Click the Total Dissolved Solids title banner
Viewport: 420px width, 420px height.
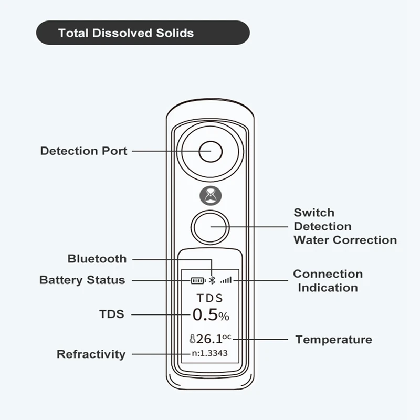coord(142,33)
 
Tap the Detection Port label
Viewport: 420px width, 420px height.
coord(84,151)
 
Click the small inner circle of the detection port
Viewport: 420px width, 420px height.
coord(211,151)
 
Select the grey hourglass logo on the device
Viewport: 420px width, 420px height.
coord(211,195)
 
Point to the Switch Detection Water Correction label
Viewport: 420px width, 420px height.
coord(345,226)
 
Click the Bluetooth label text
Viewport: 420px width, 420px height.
coord(97,259)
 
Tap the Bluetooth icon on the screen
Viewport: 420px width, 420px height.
coord(212,280)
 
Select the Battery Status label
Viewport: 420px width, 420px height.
coord(82,280)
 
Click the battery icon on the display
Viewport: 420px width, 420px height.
coord(198,280)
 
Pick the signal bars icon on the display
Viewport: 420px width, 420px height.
coord(226,280)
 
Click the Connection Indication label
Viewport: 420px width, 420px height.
coord(328,281)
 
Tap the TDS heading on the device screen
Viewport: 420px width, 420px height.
coord(210,298)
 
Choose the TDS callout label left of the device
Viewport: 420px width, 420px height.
coord(112,314)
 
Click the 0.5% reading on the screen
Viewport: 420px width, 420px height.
coord(211,315)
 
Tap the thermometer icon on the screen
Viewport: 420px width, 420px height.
coord(193,339)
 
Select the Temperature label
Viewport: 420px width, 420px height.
coord(333,340)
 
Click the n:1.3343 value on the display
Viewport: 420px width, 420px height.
coord(209,353)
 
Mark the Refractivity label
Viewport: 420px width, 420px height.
coord(91,354)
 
